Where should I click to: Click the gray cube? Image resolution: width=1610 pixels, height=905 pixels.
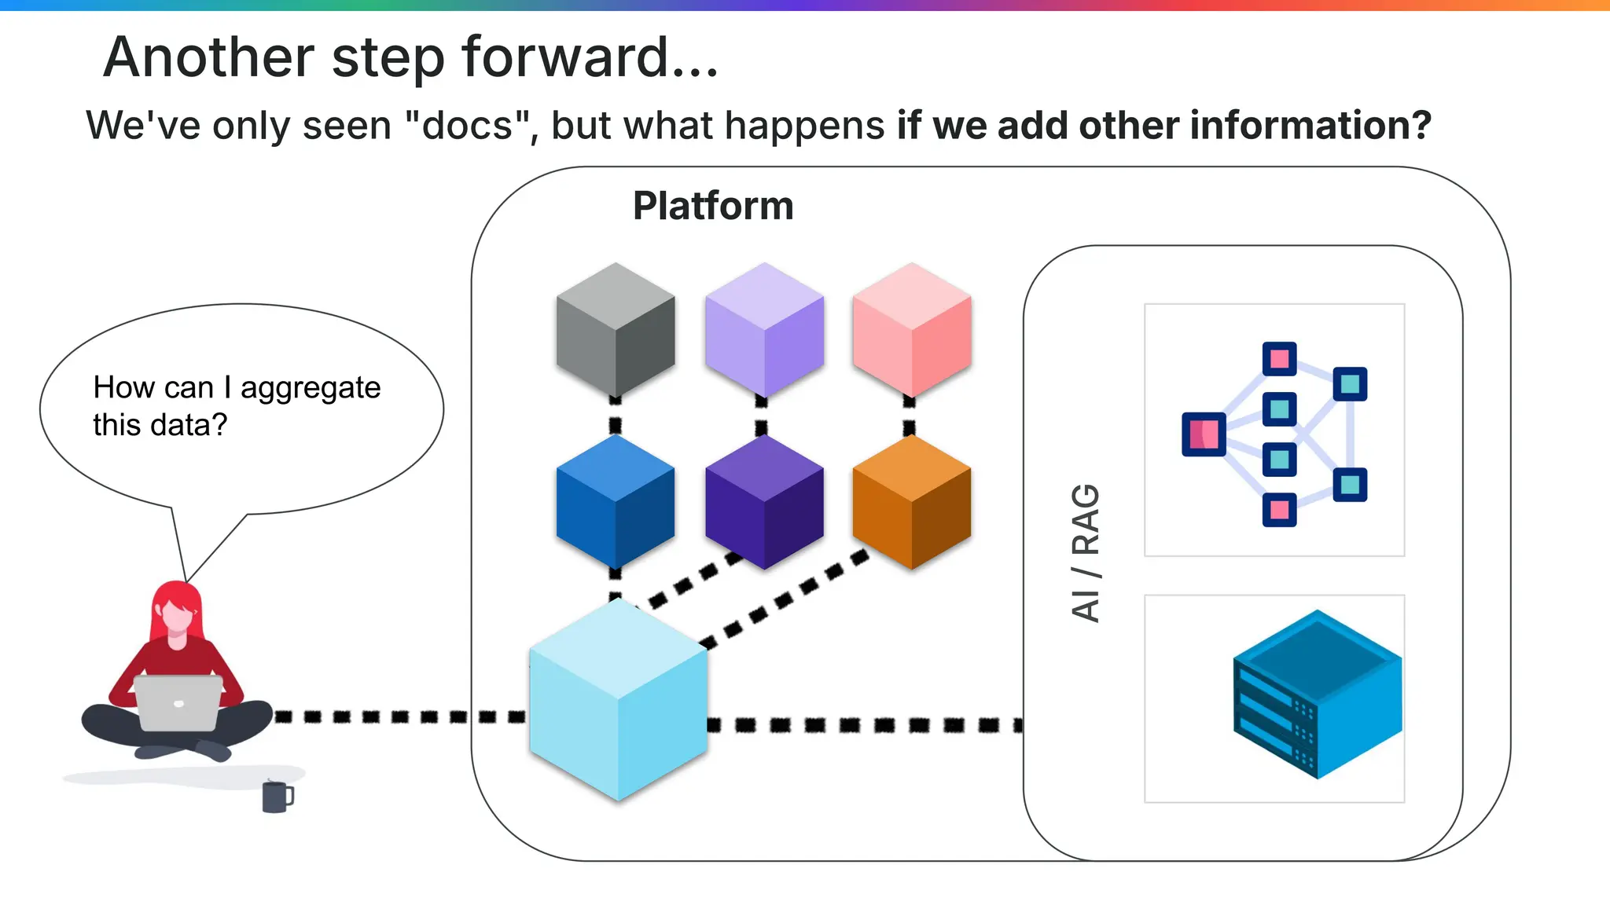(x=616, y=330)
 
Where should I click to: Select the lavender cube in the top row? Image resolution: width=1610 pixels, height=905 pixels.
(x=764, y=330)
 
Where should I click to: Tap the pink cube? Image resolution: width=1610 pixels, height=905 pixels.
(x=912, y=330)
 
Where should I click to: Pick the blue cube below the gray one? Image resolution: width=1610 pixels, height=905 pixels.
(x=616, y=501)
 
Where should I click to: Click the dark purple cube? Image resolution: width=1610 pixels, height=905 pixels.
(x=764, y=501)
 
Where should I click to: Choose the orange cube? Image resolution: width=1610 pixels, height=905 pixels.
(x=912, y=501)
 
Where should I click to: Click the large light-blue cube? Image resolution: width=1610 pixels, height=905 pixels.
(x=619, y=699)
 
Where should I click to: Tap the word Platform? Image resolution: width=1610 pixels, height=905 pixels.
(x=713, y=207)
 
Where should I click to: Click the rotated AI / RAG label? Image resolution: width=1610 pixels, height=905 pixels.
(x=1086, y=553)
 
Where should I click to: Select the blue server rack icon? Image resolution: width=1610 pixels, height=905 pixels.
(x=1317, y=695)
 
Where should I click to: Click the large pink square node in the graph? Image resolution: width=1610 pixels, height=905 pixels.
(x=1204, y=434)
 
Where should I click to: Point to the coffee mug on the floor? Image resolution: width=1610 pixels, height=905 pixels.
(x=276, y=797)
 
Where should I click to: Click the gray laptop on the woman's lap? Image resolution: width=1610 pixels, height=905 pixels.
(x=178, y=702)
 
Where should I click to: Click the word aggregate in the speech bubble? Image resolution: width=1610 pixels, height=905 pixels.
(x=311, y=388)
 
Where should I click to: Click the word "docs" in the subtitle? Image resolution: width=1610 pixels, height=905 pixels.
(x=467, y=126)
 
